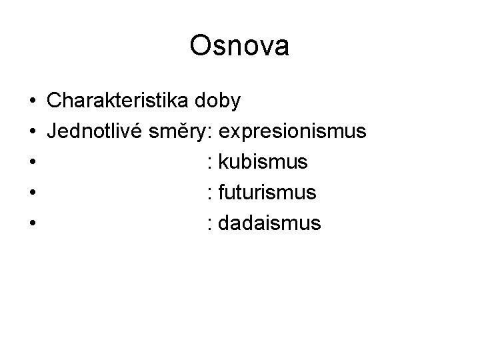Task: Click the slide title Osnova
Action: click(x=239, y=46)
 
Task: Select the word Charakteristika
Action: click(x=119, y=101)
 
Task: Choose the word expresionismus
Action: click(x=292, y=131)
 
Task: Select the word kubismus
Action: click(x=263, y=162)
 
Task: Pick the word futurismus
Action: click(x=267, y=193)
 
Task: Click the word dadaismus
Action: click(x=269, y=223)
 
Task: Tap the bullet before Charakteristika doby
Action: click(x=33, y=102)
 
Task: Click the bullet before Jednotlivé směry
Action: click(x=33, y=133)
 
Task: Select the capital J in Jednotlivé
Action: click(x=52, y=131)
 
